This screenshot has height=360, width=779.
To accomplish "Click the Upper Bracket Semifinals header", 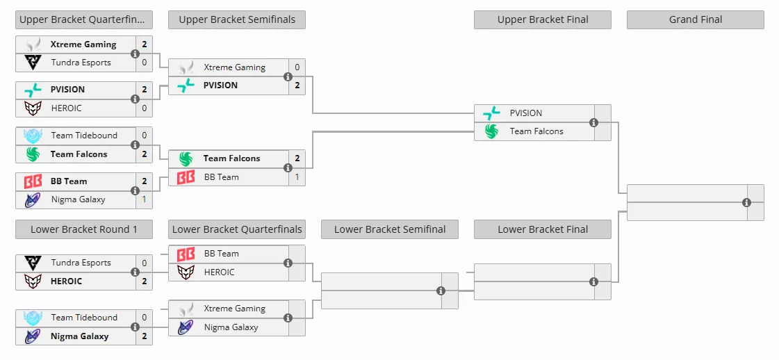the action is coord(237,20).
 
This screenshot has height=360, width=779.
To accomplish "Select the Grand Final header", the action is coord(696,20).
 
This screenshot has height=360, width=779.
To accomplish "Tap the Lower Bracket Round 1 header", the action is coord(84,229).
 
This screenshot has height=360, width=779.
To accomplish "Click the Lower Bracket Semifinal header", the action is coord(390,229).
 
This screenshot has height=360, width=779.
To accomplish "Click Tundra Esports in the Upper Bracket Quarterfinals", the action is coord(81,63).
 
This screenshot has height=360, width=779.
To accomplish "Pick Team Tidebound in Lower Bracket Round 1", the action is coord(85,318).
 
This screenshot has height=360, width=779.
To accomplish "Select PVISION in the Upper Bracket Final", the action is coord(525,113).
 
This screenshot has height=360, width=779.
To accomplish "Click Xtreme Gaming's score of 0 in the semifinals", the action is coord(297,67).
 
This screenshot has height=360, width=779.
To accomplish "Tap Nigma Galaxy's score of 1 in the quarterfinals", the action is coord(144,199).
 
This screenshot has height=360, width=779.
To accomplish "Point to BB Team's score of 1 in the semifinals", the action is coord(297,177).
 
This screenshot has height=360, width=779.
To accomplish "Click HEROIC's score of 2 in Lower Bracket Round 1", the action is coord(144,281).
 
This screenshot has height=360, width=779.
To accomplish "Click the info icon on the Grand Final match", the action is coord(746,203).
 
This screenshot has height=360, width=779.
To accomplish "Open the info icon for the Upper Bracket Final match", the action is coord(593,122).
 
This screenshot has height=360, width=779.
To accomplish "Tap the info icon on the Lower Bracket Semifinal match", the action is coord(440,291).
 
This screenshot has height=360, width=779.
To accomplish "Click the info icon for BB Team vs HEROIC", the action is coord(287,263).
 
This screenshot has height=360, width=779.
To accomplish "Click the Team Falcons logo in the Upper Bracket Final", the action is coord(491,131).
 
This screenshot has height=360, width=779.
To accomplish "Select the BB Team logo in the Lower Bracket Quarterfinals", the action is coord(186,254).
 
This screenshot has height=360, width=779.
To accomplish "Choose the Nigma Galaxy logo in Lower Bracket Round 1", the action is coord(33,336).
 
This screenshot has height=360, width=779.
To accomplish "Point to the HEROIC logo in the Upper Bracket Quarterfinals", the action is coord(33,108).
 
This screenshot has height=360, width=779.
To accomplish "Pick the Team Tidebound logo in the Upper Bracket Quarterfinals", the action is coord(33,136).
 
